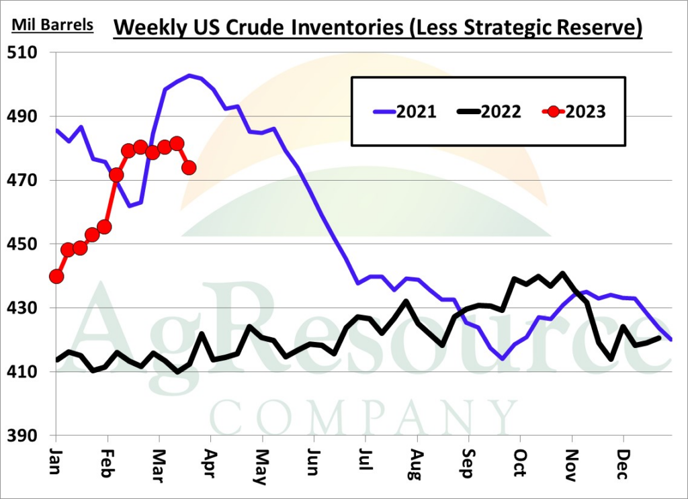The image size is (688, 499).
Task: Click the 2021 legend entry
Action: pos(404,111)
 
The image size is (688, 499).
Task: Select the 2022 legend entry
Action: pos(489,111)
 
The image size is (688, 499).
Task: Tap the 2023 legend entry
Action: pos(574,111)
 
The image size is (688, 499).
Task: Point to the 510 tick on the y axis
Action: pos(22,52)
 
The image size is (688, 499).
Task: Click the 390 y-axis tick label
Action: pos(22,435)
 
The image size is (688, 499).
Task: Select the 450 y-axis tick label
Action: pos(22,244)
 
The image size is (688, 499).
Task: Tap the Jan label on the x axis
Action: pos(55,461)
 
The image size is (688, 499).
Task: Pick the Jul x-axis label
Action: pos(365,459)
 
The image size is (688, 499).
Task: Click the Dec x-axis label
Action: pos(623,463)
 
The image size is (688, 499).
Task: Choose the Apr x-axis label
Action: pos(211,463)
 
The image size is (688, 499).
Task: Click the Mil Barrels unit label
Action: pos(52,25)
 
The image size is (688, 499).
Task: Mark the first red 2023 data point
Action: pos(56,276)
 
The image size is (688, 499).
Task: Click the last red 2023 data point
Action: pos(189,167)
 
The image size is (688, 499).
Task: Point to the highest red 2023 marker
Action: pos(177,143)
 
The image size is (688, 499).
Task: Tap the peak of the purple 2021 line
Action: pos(189,75)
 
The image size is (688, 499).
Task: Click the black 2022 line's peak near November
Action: pos(562,273)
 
